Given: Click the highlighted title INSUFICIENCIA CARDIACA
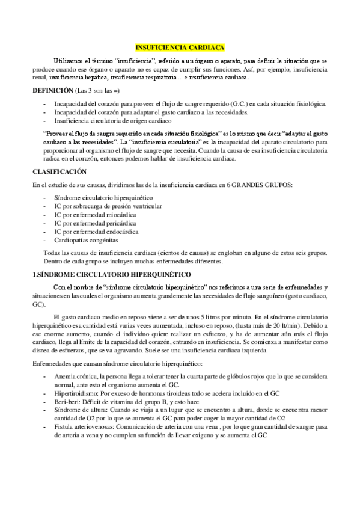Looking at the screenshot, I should (x=180, y=46).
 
